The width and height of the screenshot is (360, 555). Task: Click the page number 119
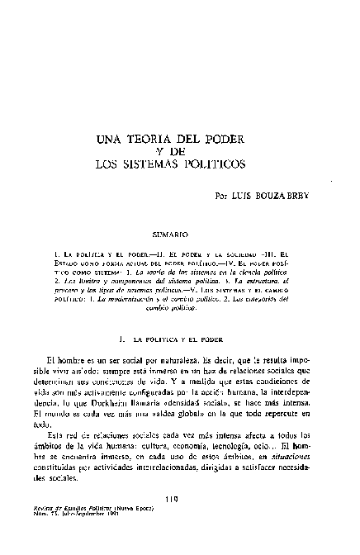click(173, 521)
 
